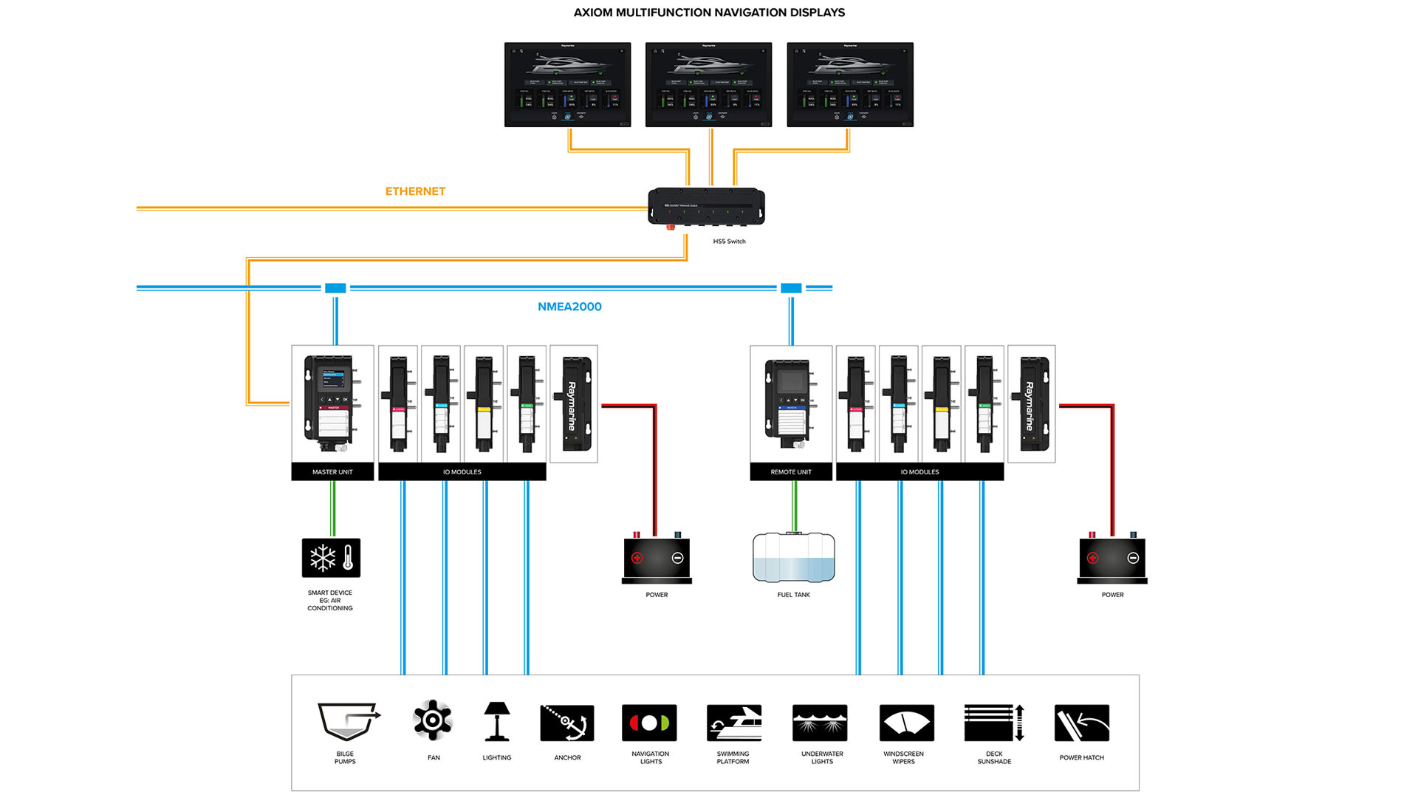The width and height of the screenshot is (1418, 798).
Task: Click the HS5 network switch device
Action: pos(706,207)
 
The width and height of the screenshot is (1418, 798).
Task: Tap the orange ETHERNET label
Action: pos(415,191)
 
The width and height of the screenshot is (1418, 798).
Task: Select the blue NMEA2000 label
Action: pos(569,307)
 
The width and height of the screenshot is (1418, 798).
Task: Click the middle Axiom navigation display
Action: pos(708,85)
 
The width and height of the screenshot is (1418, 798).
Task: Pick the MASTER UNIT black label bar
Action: pos(332,471)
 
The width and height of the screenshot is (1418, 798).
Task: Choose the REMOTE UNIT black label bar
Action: pos(791,471)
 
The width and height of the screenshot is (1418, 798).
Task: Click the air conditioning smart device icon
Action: pos(331,558)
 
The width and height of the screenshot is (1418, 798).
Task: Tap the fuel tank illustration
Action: pos(794,557)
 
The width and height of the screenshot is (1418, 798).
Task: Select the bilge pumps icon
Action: pos(348,722)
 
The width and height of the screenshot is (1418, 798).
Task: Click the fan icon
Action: pos(433,720)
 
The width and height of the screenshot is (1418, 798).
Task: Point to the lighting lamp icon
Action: pos(497,721)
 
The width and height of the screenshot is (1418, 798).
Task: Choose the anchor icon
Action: pos(567,723)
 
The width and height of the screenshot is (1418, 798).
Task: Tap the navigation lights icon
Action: pos(650,723)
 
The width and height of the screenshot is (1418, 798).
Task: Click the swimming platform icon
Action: pos(733,723)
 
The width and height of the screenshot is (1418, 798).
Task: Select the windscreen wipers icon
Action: pos(906,723)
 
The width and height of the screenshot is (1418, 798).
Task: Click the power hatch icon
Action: pos(1082,723)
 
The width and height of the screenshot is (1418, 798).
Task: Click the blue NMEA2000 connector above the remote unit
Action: pos(791,288)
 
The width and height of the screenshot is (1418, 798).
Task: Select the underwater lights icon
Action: pos(820,723)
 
